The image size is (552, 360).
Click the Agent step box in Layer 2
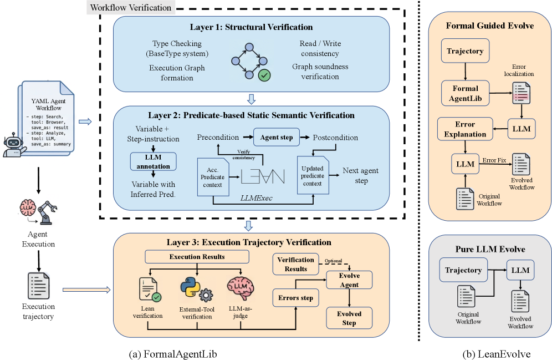(x=277, y=138)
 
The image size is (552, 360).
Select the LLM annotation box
(x=153, y=161)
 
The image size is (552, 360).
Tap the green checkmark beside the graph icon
(x=264, y=75)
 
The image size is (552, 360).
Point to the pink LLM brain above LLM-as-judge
(x=241, y=288)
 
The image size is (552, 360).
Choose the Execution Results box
(x=197, y=256)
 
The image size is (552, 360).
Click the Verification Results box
(x=296, y=264)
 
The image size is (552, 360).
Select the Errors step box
(x=296, y=298)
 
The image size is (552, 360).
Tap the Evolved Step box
(x=349, y=318)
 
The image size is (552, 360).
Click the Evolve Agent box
(x=349, y=280)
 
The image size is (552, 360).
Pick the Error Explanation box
(x=465, y=129)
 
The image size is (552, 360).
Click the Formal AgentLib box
(x=466, y=93)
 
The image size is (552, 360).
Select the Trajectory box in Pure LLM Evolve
(x=463, y=270)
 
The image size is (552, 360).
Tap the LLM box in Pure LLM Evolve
(x=520, y=270)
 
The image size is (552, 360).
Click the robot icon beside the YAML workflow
(x=13, y=145)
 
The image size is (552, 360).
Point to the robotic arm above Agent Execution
(x=47, y=212)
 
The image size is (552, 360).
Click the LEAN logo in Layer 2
(x=263, y=176)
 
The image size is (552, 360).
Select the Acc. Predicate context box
(x=213, y=177)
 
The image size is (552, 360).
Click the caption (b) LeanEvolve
(x=497, y=354)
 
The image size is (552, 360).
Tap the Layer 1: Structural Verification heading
(x=252, y=27)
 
